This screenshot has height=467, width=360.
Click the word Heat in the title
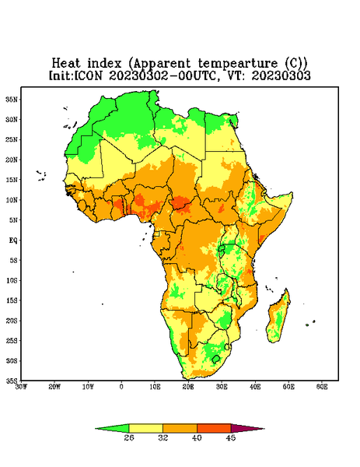click(x=66, y=63)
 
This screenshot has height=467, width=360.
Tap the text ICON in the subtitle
click(x=88, y=75)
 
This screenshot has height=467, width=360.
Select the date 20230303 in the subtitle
click(x=281, y=75)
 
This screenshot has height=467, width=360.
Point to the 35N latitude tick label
click(x=12, y=99)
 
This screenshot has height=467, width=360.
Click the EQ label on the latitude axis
click(x=13, y=240)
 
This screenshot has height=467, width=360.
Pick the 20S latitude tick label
click(x=12, y=321)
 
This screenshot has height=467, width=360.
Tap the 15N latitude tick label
click(x=12, y=180)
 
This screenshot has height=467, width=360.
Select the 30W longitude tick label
click(x=21, y=387)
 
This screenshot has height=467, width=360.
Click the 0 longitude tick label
click(x=121, y=387)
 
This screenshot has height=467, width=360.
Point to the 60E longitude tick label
click(x=322, y=387)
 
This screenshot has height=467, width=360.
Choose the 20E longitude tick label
click(x=188, y=387)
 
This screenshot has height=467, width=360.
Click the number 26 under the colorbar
click(x=129, y=437)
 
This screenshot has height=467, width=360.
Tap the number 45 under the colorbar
click(x=231, y=437)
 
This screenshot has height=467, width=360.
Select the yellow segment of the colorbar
click(x=145, y=428)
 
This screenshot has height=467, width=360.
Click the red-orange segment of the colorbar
click(x=214, y=428)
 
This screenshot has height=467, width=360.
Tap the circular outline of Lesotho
click(x=215, y=359)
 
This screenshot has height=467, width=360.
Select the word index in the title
click(x=104, y=63)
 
